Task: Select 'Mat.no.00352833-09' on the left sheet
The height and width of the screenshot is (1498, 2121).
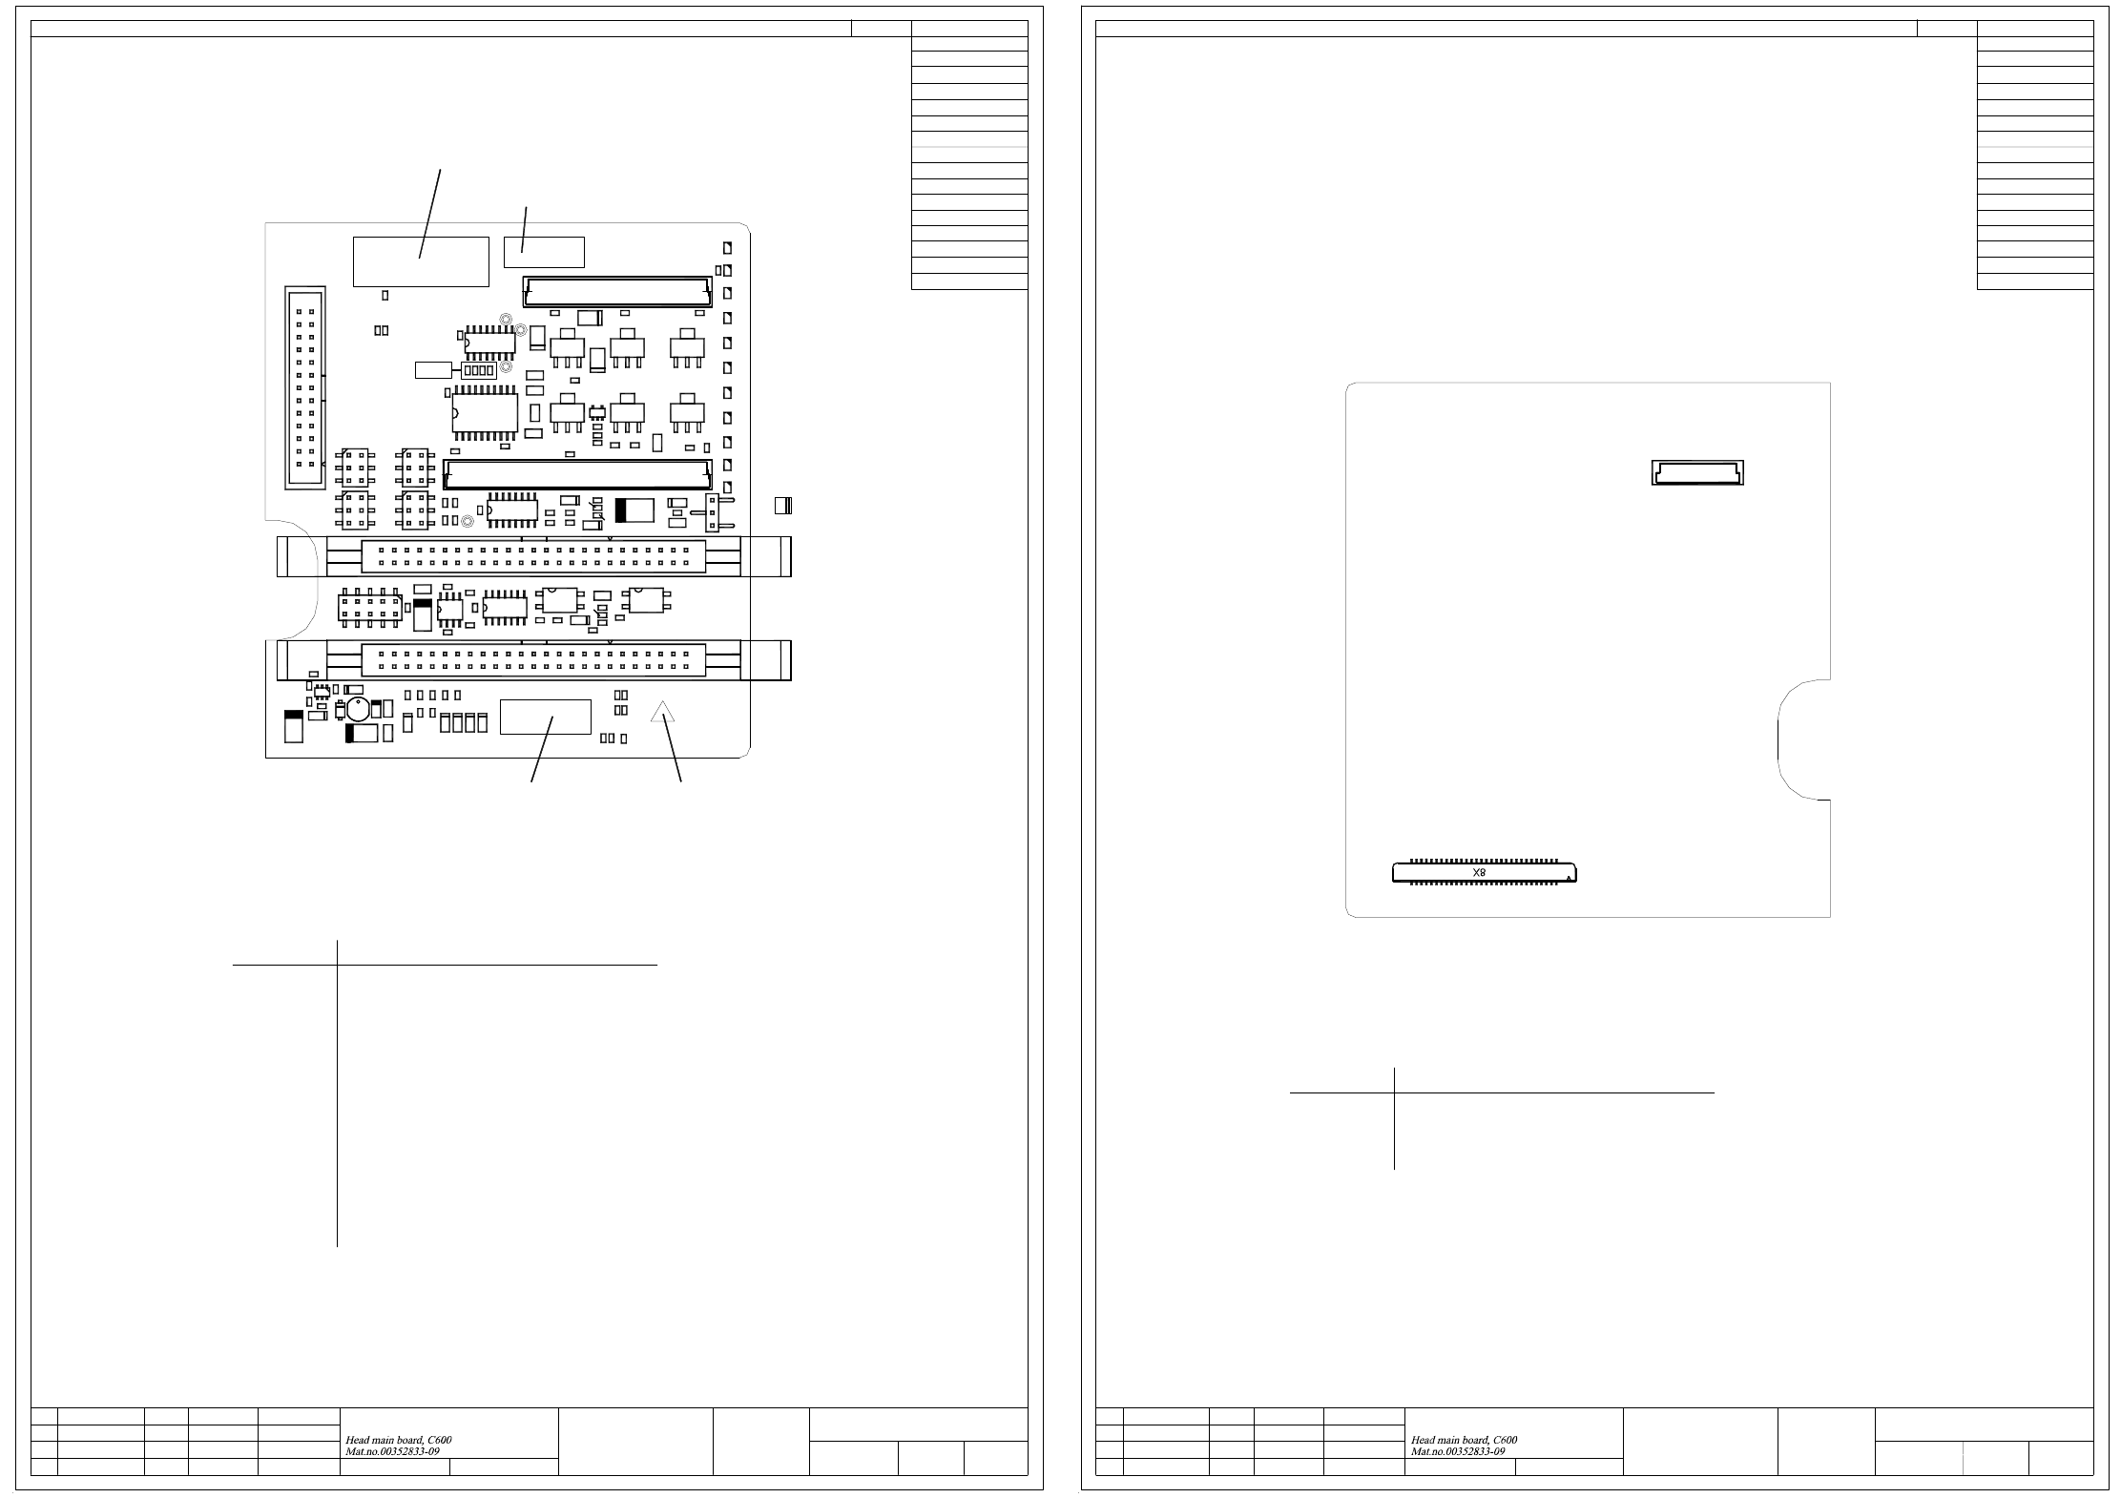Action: [392, 1451]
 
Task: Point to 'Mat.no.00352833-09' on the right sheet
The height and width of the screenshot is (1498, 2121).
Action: [1458, 1451]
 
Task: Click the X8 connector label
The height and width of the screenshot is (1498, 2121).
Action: [1479, 872]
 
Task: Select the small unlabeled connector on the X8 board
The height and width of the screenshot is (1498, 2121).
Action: [1697, 472]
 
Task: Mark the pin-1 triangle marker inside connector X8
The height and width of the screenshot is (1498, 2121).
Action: [1569, 878]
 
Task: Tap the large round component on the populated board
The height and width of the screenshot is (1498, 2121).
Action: [358, 709]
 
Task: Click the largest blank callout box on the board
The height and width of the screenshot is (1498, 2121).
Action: [421, 261]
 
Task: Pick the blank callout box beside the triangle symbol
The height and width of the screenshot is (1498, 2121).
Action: [546, 717]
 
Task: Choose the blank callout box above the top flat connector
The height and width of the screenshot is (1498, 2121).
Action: [544, 252]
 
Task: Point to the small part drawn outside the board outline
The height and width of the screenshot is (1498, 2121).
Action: [782, 506]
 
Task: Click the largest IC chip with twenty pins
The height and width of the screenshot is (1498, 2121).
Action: [485, 413]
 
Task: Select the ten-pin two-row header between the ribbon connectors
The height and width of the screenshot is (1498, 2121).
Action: [369, 608]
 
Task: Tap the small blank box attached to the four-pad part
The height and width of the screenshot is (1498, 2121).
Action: [433, 369]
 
